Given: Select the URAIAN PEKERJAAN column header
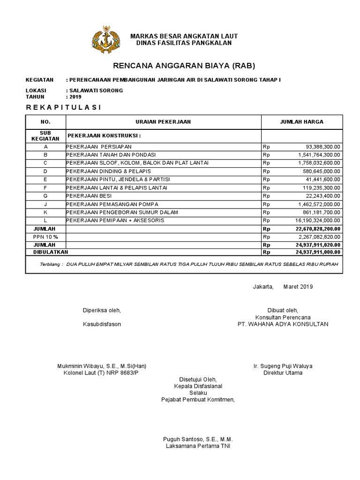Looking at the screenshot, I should (163, 122).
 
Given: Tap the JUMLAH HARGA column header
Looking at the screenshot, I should (301, 122).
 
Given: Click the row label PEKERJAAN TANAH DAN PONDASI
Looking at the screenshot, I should (111, 155).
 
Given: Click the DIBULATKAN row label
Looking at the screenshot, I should (47, 252).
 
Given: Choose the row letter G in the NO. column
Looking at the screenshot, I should (45, 195).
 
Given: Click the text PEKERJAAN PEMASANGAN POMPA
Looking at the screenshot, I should (112, 204).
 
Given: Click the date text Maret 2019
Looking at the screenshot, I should (298, 287).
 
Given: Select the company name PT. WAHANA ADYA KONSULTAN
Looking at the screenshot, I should (283, 324).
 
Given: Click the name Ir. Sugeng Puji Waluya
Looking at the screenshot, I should (283, 366).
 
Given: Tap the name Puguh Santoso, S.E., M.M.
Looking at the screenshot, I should (198, 439).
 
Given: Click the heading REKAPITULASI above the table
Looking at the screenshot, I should (63, 107).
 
